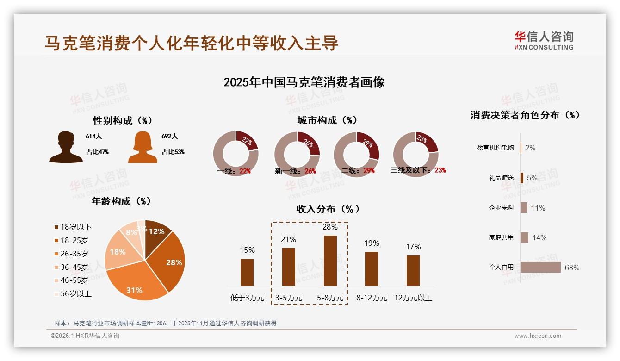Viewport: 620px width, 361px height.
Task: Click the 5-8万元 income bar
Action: pyautogui.click(x=330, y=261)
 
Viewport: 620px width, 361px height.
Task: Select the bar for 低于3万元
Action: pyautogui.click(x=247, y=272)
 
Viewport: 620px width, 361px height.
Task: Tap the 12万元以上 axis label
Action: pyautogui.click(x=413, y=298)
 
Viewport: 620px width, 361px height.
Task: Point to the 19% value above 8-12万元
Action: pyautogui.click(x=372, y=243)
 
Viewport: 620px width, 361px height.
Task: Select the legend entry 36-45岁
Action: pyautogui.click(x=74, y=267)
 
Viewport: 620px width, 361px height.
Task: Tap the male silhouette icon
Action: pyautogui.click(x=66, y=147)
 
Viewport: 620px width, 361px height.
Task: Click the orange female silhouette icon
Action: pyautogui.click(x=143, y=147)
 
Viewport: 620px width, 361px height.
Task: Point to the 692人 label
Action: pyautogui.click(x=169, y=137)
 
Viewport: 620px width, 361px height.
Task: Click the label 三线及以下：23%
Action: pyautogui.click(x=418, y=170)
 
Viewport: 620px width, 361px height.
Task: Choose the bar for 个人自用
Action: pyautogui.click(x=540, y=268)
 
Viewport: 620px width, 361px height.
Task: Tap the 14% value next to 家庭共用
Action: pyautogui.click(x=539, y=237)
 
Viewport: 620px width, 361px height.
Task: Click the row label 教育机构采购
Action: pyautogui.click(x=495, y=148)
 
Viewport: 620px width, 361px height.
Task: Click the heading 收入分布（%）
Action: pyautogui.click(x=328, y=209)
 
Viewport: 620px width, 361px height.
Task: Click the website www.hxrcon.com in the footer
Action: pyautogui.click(x=538, y=336)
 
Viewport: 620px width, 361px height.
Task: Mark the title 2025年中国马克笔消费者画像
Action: pyautogui.click(x=304, y=82)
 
